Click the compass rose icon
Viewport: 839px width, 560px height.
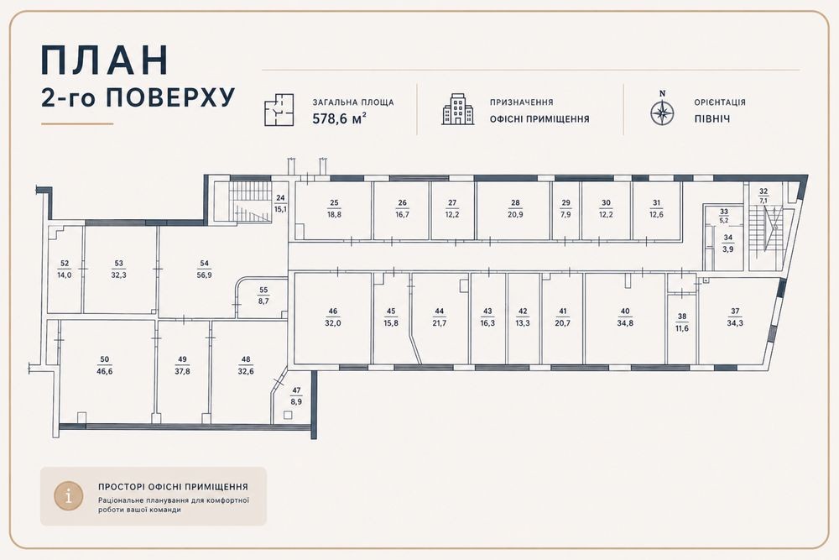tap(663, 113)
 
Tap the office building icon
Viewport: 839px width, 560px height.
tap(457, 110)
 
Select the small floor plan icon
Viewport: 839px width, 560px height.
tap(279, 110)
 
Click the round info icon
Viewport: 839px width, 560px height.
tap(69, 495)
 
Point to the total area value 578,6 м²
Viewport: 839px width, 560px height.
tap(339, 119)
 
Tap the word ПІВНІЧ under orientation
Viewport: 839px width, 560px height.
tap(711, 119)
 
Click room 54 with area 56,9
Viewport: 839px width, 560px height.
tap(204, 270)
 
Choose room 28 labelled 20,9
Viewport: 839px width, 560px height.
tap(515, 209)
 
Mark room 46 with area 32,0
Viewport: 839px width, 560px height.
tap(333, 317)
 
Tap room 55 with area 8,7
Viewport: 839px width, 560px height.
tap(263, 296)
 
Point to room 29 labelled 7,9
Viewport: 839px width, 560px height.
tap(566, 209)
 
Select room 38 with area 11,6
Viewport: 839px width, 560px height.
tap(681, 322)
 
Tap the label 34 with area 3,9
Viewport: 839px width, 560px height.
tap(728, 243)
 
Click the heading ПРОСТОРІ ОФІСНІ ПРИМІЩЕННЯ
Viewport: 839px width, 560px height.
tap(173, 487)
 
